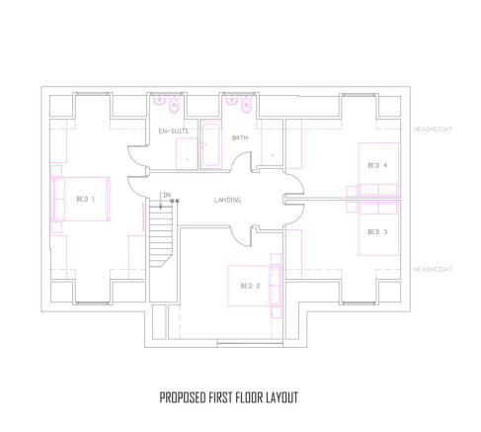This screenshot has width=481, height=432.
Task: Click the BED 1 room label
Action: coord(86,199)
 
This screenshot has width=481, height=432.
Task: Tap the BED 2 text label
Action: coord(250,287)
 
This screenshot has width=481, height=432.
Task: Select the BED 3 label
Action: coord(377,231)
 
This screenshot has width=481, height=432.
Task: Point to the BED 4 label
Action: coord(377,164)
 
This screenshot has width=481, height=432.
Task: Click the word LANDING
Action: coord(227,200)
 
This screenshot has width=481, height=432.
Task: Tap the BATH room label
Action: coord(240,137)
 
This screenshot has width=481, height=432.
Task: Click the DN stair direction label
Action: coord(167,195)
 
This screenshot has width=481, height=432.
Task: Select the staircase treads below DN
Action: coord(162,237)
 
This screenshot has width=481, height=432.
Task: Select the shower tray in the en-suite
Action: coord(187,153)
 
